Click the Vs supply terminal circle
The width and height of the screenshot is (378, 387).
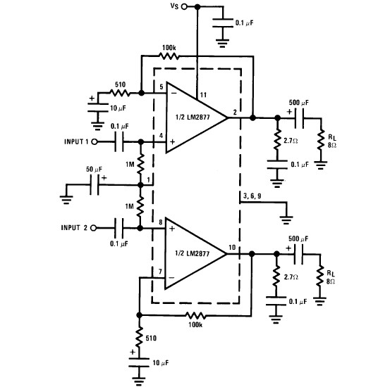(x=184, y=6)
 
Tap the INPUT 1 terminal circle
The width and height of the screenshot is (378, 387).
(x=94, y=141)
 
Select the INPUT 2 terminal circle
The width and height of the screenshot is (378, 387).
(x=93, y=228)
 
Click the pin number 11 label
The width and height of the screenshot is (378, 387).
(x=203, y=95)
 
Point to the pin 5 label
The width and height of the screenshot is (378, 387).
(x=161, y=87)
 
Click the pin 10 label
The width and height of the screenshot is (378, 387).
(x=232, y=247)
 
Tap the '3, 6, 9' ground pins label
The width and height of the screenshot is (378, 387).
(x=252, y=196)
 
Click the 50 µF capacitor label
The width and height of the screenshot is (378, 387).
(x=94, y=170)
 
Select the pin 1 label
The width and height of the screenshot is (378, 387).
(x=148, y=180)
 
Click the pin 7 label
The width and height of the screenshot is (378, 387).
(x=160, y=272)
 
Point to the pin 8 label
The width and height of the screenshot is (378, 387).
(x=161, y=222)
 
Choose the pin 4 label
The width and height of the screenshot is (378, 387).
(x=161, y=136)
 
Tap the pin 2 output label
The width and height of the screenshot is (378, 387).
(x=235, y=113)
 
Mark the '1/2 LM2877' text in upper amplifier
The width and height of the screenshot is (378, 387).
(x=193, y=117)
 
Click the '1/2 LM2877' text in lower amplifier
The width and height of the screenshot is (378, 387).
(x=193, y=253)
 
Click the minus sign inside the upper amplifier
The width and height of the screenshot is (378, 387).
(x=174, y=94)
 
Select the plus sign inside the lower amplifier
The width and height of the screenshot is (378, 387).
(x=172, y=229)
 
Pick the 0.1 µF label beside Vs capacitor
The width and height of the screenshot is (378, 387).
(x=245, y=23)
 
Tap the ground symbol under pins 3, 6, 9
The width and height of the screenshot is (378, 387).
(x=286, y=220)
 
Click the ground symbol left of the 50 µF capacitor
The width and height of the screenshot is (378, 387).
(x=66, y=200)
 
